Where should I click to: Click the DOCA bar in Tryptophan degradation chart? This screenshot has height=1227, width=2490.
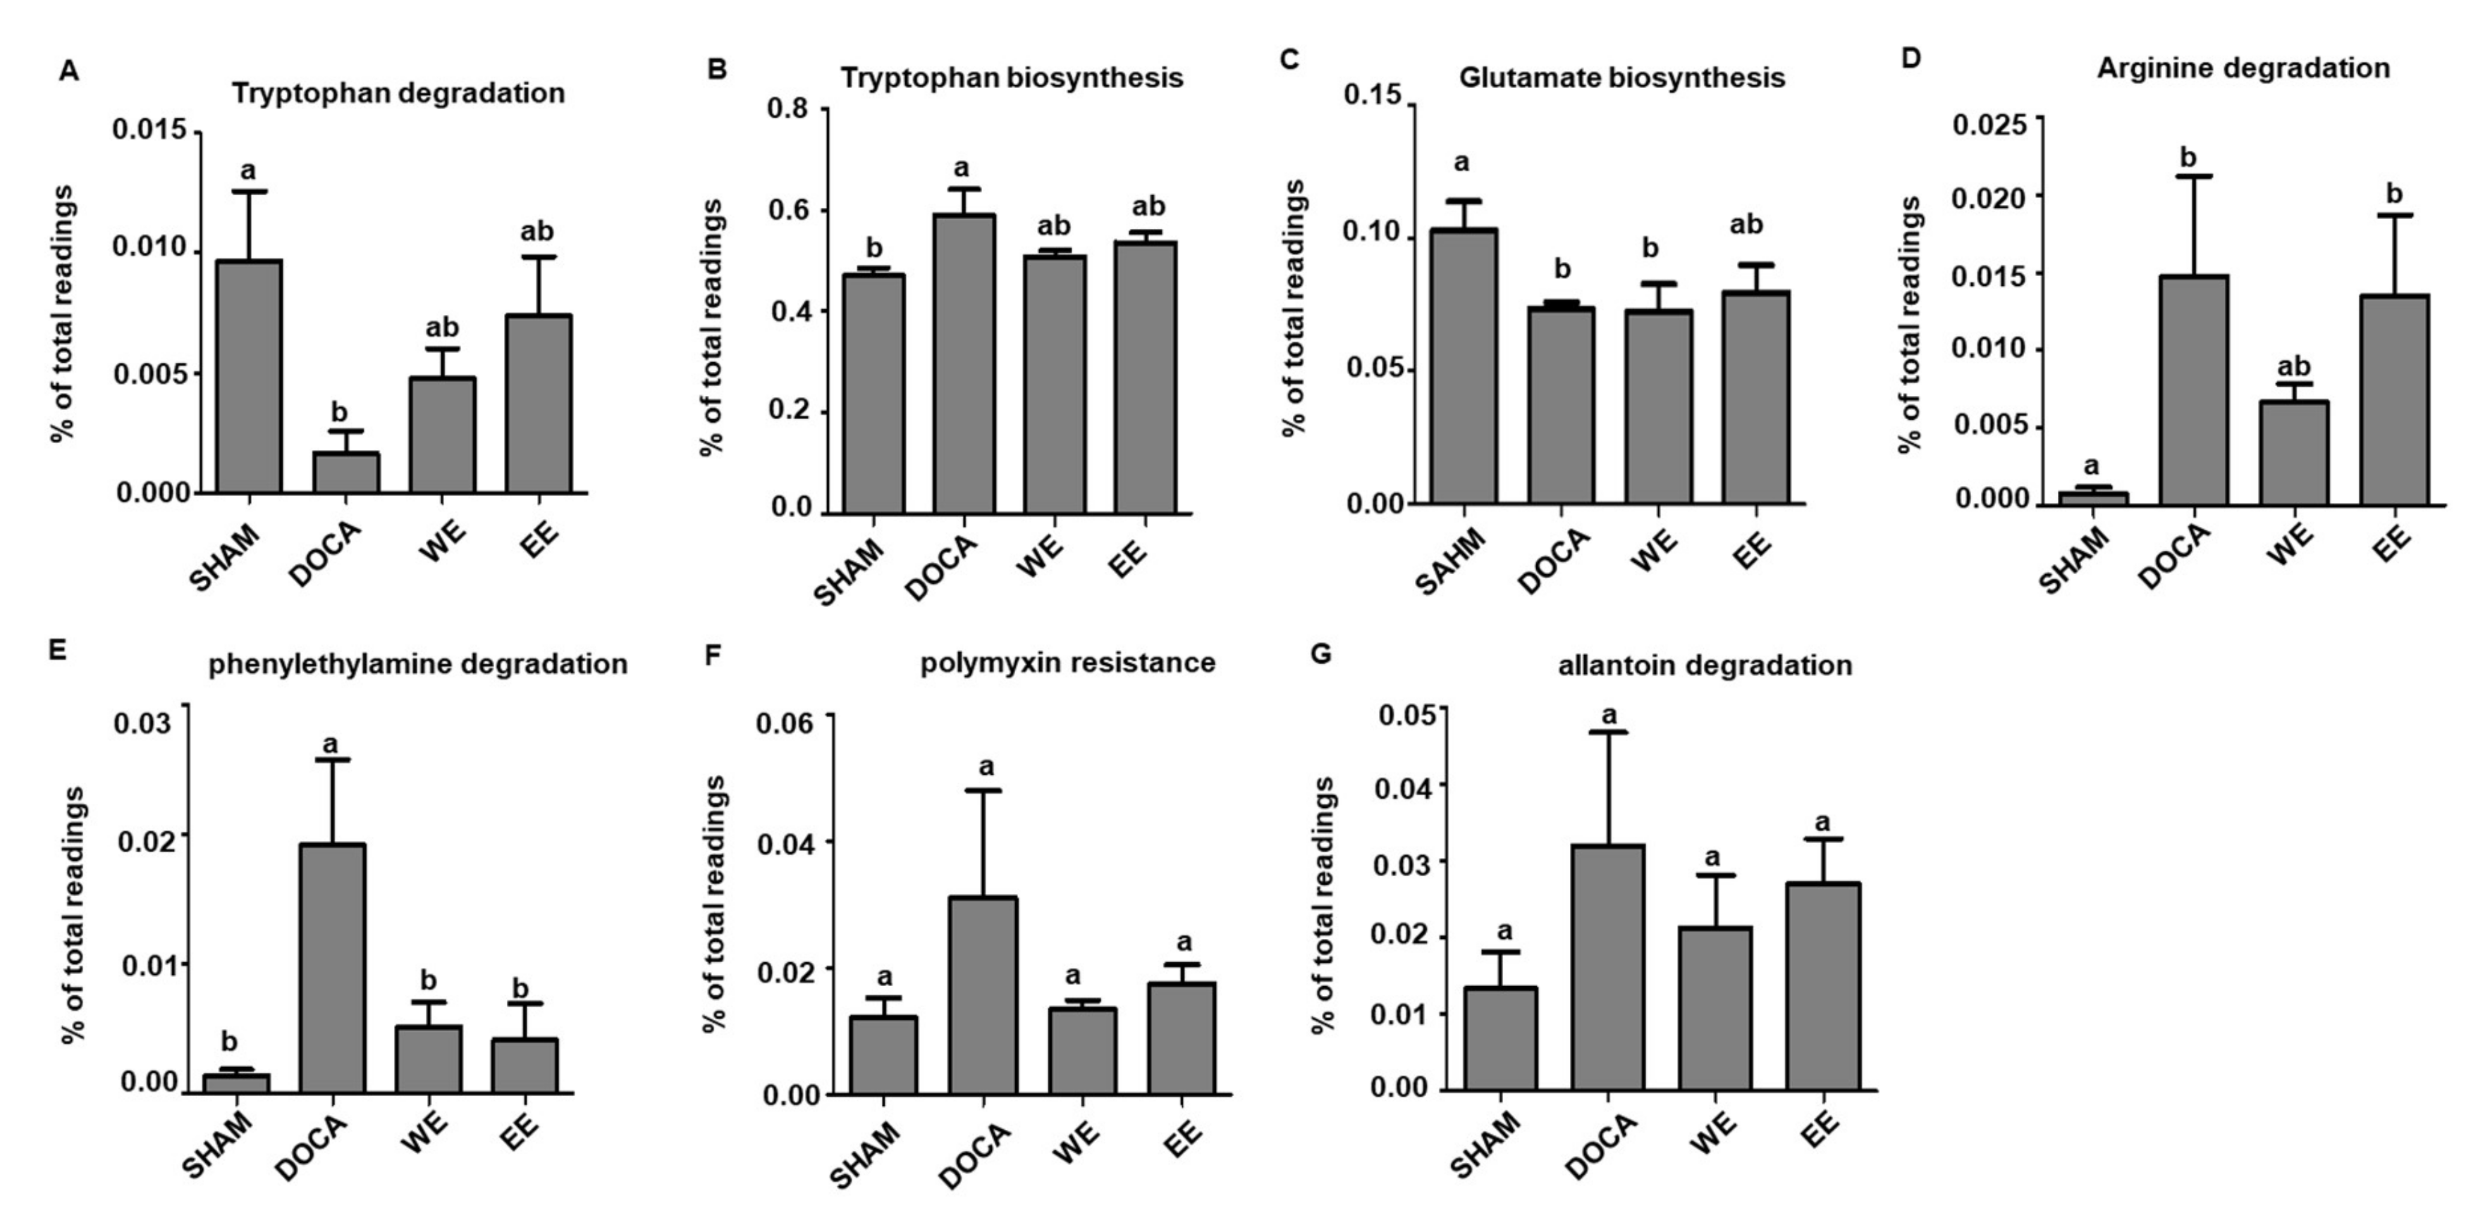345,473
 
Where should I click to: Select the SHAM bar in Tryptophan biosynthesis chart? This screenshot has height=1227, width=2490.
873,394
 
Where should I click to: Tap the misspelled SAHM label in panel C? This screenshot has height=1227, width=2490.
1451,561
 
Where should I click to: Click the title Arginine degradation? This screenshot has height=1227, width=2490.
2243,68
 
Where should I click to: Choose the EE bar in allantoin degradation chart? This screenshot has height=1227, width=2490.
1822,986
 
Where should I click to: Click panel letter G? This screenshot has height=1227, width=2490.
1320,654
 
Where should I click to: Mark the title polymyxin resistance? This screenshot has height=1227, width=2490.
1067,663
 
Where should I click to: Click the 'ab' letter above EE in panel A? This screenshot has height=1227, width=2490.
536,232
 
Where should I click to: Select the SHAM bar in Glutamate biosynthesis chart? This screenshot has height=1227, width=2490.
1464,367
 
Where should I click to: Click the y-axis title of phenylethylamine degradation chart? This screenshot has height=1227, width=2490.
73,913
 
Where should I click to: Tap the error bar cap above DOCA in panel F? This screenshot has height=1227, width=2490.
982,790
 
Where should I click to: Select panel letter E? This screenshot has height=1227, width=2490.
57,650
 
